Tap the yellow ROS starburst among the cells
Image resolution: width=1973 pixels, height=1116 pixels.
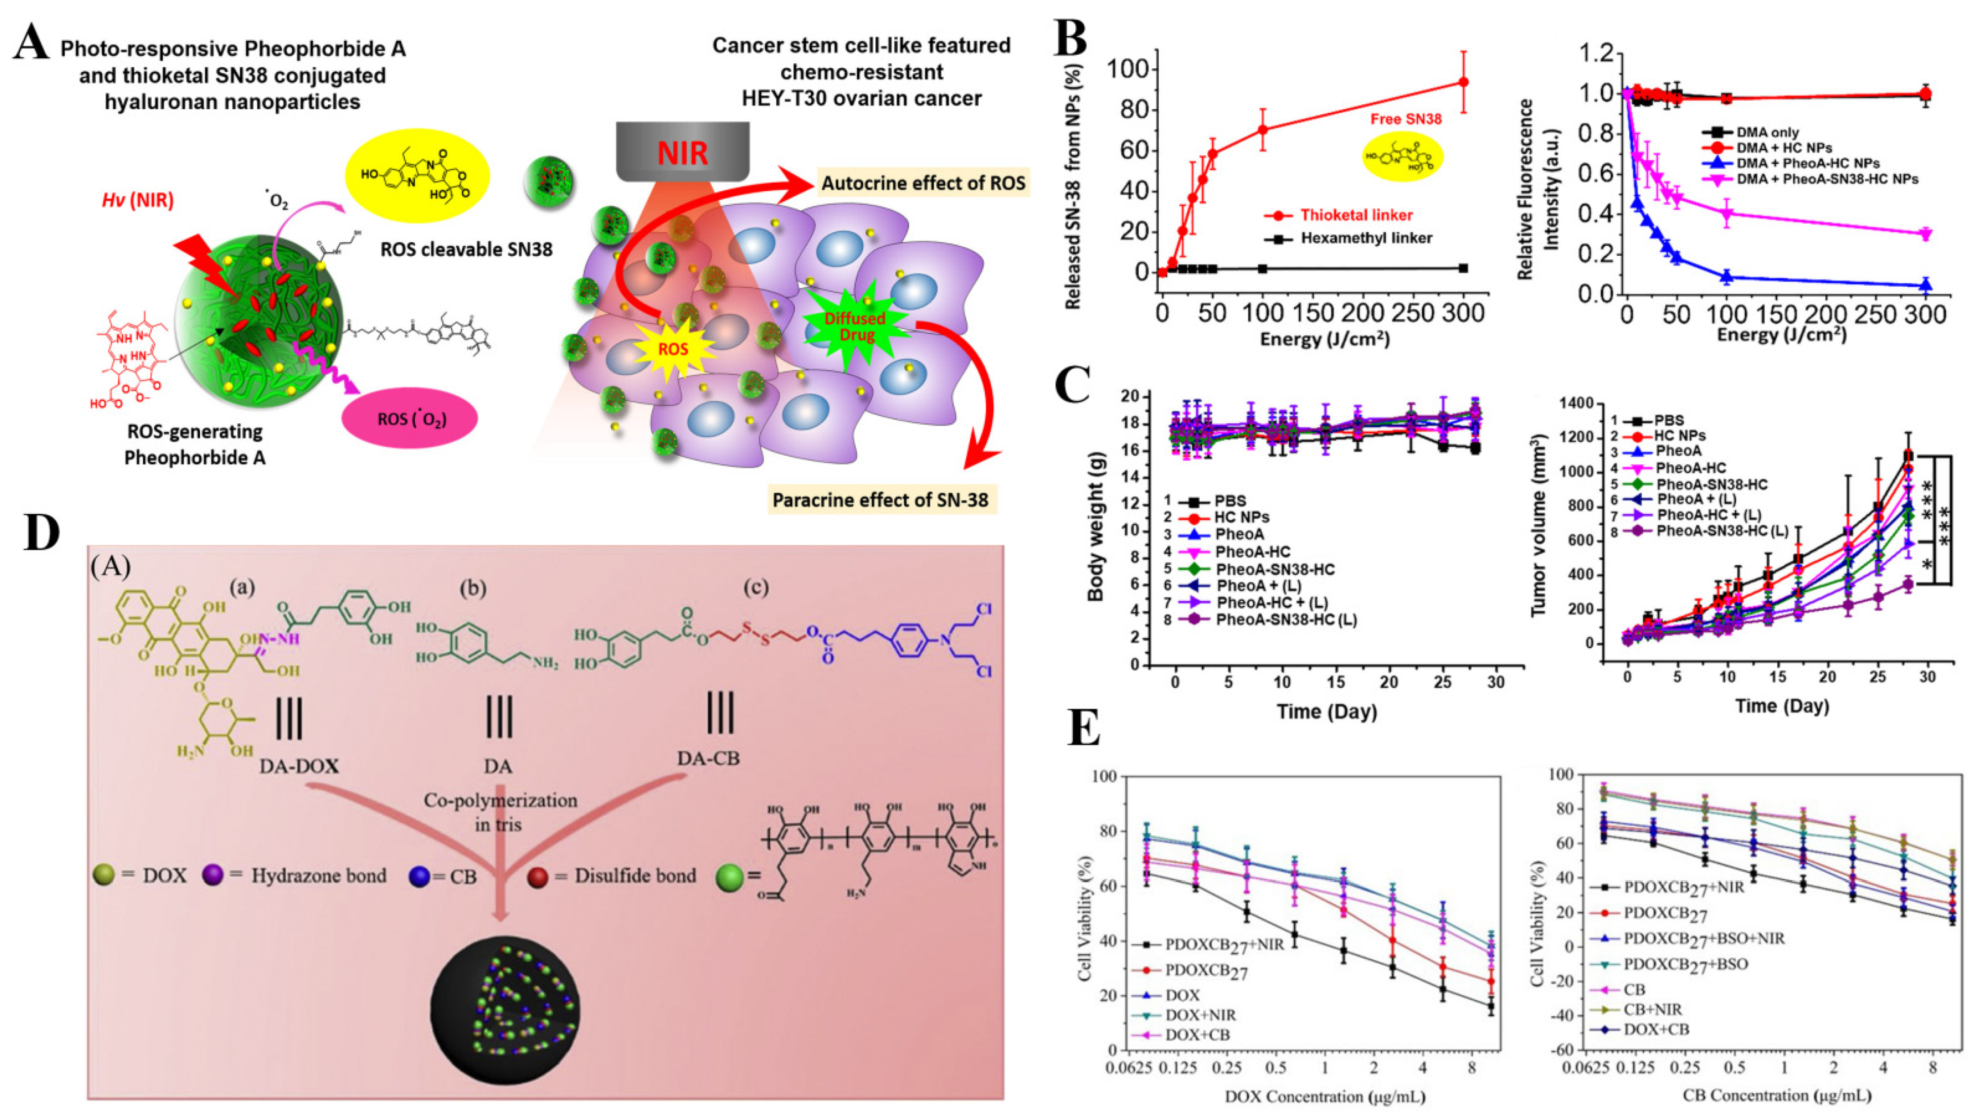674,349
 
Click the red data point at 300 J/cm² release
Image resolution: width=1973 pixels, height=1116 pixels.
1463,82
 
